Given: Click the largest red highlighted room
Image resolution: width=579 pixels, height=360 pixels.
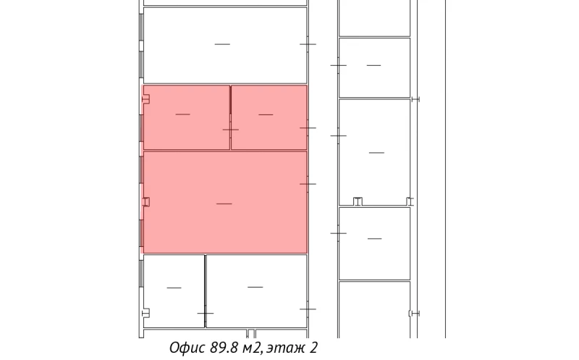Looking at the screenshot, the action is click(225, 202).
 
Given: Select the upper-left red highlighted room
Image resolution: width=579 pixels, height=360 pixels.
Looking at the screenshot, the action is click(187, 117).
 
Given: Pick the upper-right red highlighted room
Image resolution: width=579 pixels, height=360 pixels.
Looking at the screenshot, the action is click(269, 117).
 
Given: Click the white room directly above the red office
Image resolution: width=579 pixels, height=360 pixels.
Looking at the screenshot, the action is click(225, 45).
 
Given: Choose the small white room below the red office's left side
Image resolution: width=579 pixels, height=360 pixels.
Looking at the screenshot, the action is click(174, 291).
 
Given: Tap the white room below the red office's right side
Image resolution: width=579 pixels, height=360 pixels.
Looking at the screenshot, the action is click(256, 291).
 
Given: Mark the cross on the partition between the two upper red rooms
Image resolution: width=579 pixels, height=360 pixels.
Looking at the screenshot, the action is click(230, 130).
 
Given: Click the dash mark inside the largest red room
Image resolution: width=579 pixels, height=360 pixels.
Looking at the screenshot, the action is click(224, 204).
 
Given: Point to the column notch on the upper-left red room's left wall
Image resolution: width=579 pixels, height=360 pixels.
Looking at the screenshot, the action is click(146, 99).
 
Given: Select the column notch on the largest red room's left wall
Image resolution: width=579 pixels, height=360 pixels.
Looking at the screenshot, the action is click(146, 202).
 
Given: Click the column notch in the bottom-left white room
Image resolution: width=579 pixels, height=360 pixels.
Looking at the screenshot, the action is click(146, 314).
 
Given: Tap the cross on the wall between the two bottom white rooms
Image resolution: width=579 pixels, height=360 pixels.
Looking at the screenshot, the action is click(206, 314).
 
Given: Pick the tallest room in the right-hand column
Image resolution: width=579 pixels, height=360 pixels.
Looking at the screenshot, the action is click(374, 152).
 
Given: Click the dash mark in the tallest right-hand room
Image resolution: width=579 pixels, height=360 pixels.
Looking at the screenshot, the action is click(376, 153).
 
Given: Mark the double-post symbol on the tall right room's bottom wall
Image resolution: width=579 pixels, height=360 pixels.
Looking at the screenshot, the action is click(358, 201).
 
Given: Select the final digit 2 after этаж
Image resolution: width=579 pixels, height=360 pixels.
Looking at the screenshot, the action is click(313, 348).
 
